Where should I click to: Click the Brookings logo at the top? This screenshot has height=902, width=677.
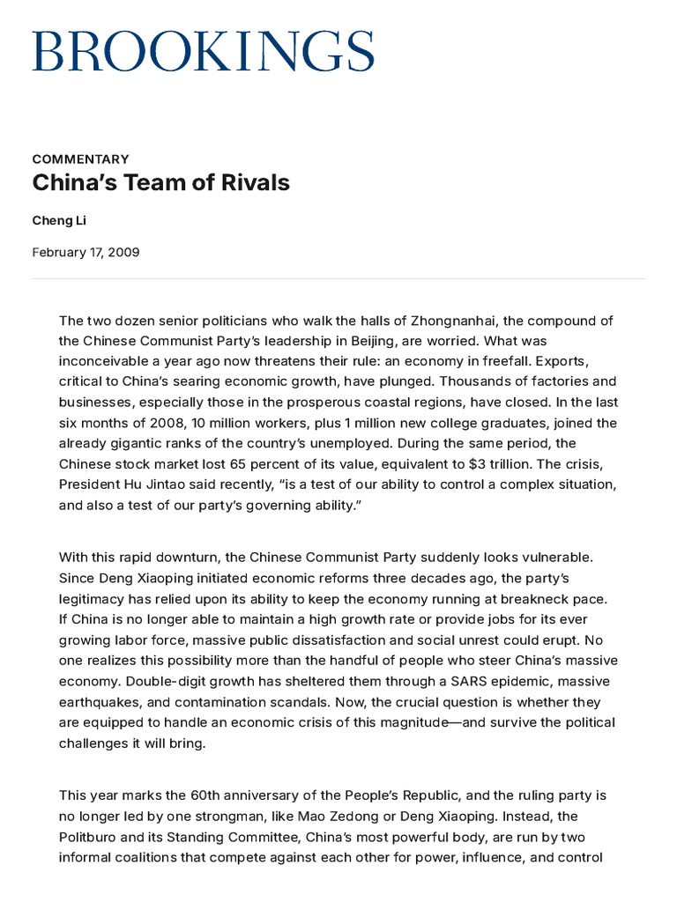[204, 50]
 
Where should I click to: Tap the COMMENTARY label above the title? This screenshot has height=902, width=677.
[80, 159]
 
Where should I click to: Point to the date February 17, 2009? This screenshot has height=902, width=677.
[86, 253]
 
